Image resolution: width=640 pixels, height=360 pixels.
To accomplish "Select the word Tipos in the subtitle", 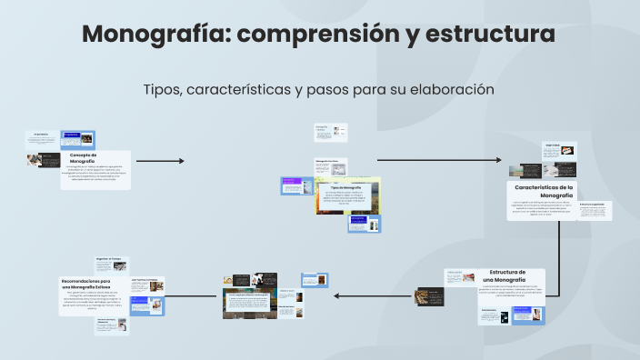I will coord(162,90).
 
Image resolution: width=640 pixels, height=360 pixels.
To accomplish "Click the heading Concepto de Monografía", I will coord(83,158).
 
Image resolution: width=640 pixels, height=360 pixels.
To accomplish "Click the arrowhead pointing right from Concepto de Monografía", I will coord(181,162).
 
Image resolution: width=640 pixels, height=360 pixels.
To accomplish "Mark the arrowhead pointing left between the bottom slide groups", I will coord(335,295).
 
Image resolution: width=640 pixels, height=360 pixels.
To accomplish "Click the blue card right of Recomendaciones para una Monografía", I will coord(146,303).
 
